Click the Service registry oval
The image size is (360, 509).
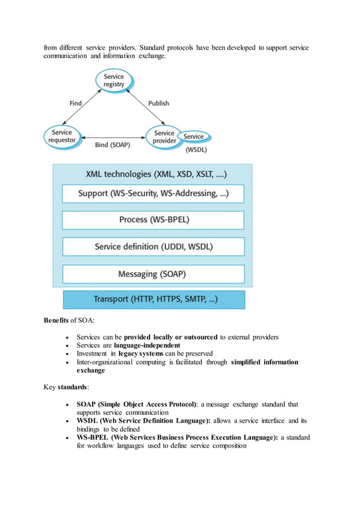[113, 80]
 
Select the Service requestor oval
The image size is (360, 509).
[62, 137]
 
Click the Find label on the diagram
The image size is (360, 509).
[76, 103]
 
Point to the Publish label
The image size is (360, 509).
[159, 103]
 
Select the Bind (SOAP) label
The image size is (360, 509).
[112, 145]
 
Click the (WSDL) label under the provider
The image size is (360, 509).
[196, 150]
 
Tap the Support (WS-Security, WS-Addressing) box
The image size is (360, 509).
[153, 194]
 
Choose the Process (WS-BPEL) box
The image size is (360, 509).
[153, 220]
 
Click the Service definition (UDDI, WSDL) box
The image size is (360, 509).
[153, 247]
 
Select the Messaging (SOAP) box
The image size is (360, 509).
[153, 274]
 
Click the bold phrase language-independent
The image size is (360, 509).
[147, 345]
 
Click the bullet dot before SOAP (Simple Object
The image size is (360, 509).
[68, 405]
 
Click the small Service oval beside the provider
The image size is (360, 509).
[194, 137]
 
